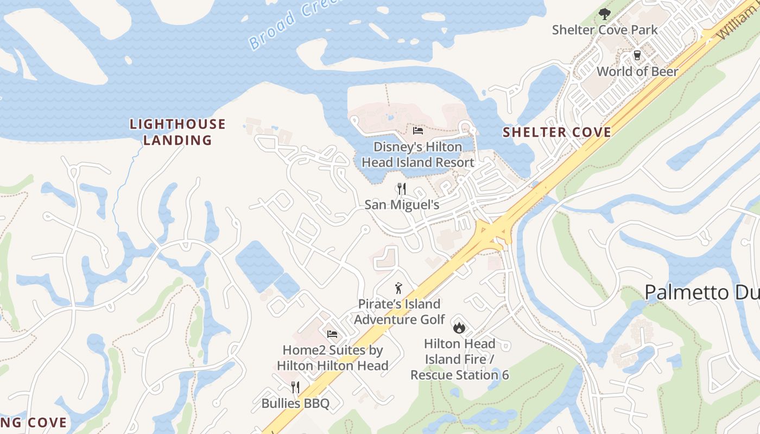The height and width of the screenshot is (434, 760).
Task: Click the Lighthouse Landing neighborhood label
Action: [177, 132]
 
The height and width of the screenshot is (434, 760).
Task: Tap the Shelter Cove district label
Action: [556, 132]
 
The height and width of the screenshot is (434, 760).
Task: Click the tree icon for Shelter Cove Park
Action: [604, 14]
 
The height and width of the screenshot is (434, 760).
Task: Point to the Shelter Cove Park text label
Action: [605, 30]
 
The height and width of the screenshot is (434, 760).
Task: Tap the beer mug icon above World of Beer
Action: [637, 56]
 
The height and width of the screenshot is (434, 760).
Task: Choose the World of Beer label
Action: [637, 72]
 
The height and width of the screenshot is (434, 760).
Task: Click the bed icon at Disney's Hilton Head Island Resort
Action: [417, 130]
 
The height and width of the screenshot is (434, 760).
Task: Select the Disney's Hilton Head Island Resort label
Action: [417, 155]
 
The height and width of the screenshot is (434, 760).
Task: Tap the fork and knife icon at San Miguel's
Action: [402, 189]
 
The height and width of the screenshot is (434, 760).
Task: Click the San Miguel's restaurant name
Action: [402, 205]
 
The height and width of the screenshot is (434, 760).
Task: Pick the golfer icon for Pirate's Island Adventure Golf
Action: [399, 288]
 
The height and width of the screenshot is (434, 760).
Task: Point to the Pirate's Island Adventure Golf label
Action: [399, 312]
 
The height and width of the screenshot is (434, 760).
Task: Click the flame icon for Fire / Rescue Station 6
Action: [459, 327]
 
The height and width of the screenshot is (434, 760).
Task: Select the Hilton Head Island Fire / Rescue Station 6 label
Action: [459, 359]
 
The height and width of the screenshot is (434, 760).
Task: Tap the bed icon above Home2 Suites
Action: [332, 334]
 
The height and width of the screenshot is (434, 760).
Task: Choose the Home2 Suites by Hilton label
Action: [332, 358]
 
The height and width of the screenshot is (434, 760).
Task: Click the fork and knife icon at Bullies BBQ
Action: [295, 387]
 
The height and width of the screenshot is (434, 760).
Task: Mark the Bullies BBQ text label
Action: [295, 404]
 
